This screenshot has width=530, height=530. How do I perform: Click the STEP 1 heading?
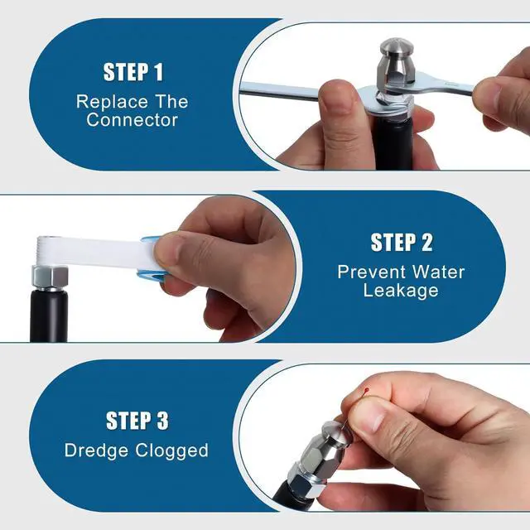tap(133, 72)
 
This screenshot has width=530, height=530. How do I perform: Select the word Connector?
tap(132, 120)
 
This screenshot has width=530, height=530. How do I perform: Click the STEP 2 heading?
tap(402, 243)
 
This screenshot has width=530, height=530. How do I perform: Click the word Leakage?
tap(401, 291)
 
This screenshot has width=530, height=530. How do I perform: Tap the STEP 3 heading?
tap(137, 421)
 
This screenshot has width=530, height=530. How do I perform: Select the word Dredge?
tap(96, 450)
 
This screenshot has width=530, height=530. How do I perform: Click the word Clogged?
tap(172, 450)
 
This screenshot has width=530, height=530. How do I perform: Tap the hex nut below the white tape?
tap(50, 277)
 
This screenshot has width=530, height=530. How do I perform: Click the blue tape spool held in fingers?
tap(149, 258)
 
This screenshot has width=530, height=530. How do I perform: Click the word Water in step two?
tap(438, 272)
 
